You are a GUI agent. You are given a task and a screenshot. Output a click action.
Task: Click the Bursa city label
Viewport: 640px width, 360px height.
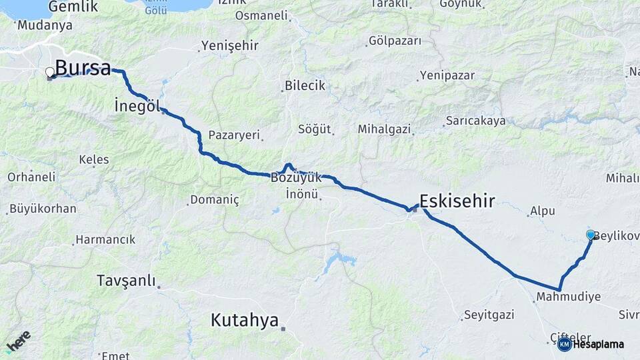(x=83, y=67)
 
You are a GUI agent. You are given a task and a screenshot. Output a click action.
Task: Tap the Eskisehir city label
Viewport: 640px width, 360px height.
(x=457, y=200)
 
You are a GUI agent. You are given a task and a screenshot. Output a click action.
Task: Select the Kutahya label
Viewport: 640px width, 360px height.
(x=244, y=320)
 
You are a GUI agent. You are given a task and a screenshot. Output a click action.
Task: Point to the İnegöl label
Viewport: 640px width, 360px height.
(x=136, y=105)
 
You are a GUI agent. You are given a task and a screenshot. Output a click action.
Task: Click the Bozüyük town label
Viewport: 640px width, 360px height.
(x=296, y=178)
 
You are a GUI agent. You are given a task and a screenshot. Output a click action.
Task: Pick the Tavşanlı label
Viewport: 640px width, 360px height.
(x=125, y=279)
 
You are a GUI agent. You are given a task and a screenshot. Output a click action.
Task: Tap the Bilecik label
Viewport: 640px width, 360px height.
(x=305, y=85)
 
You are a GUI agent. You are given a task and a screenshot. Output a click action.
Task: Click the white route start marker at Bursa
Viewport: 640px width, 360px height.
(x=50, y=72)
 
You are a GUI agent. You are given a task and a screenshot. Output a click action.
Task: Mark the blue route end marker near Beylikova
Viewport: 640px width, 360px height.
(x=590, y=235)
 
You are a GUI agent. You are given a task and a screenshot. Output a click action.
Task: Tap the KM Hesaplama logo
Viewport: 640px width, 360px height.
(x=591, y=344)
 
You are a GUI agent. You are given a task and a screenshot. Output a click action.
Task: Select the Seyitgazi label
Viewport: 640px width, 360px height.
(x=489, y=313)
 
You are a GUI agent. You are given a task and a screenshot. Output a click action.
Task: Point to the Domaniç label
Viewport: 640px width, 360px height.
(x=214, y=199)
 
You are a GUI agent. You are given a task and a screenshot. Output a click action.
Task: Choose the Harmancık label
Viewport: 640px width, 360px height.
(x=105, y=239)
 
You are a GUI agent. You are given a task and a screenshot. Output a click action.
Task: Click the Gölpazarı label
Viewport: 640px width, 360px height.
(x=395, y=41)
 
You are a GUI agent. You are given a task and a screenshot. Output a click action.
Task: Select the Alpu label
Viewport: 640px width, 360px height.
(x=542, y=211)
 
